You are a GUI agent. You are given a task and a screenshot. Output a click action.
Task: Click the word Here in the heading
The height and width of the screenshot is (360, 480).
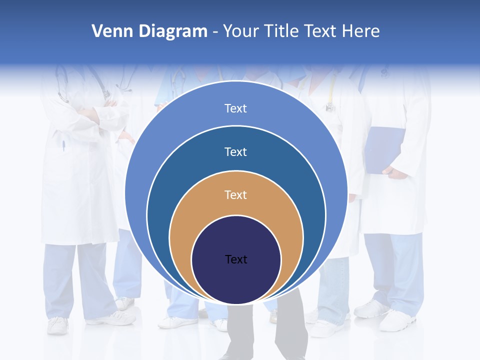tap(361, 31)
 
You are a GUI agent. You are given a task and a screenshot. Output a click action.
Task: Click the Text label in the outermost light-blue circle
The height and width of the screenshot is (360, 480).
tap(236, 108)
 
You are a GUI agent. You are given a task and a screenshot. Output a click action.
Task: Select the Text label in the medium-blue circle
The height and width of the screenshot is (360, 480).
tap(236, 151)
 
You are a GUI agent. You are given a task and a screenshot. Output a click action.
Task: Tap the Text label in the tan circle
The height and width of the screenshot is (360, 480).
tap(236, 194)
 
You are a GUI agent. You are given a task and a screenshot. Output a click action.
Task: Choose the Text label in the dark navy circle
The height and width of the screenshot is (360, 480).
tap(236, 259)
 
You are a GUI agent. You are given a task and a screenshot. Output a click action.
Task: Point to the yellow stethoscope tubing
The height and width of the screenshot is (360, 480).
tap(331, 90)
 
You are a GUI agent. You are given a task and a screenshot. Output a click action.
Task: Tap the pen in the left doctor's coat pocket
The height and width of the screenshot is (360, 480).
tap(63, 145)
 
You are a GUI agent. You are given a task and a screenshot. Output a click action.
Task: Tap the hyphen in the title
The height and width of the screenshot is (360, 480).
tap(215, 32)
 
